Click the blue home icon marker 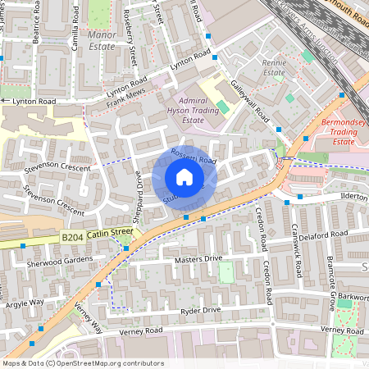184,177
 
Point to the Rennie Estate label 274,67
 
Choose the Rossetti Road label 193,156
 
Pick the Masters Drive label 198,258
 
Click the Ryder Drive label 200,311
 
